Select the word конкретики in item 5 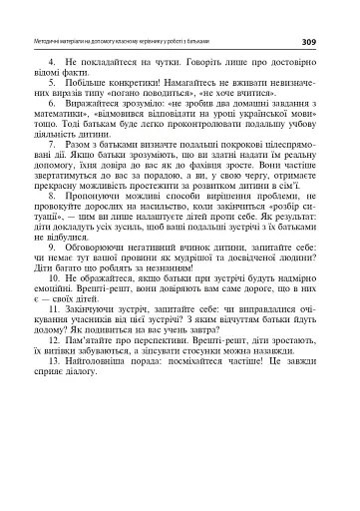coord(136,87)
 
